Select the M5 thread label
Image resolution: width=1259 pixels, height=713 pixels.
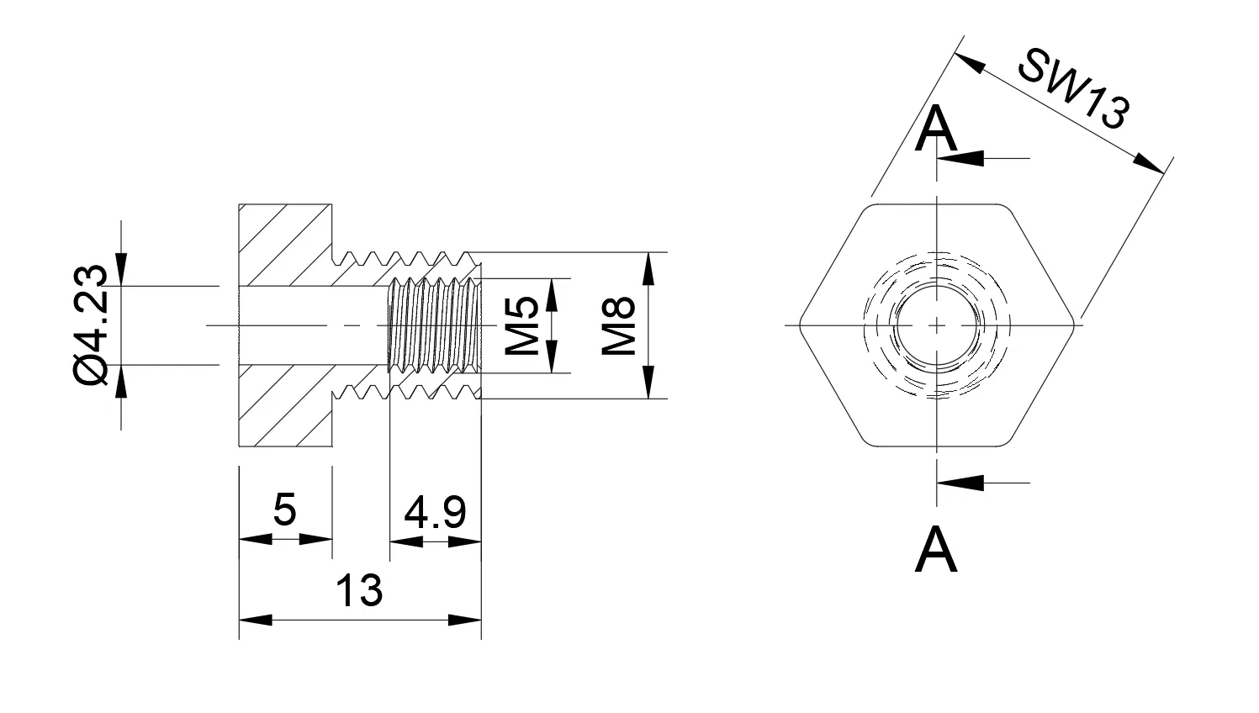pos(521,325)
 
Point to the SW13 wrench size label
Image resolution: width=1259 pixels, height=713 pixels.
pos(1071,89)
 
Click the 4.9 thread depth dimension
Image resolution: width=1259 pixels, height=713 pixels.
pos(435,512)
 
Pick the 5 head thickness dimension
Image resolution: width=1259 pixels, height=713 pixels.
pos(285,510)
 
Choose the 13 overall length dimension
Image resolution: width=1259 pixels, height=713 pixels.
pos(359,590)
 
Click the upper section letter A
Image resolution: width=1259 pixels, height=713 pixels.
pos(936,130)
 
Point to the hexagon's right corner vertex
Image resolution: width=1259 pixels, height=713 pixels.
pos(1076,325)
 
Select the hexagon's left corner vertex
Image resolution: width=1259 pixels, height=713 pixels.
pos(798,325)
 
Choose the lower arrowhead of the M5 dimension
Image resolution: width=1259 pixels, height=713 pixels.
pos(552,357)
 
